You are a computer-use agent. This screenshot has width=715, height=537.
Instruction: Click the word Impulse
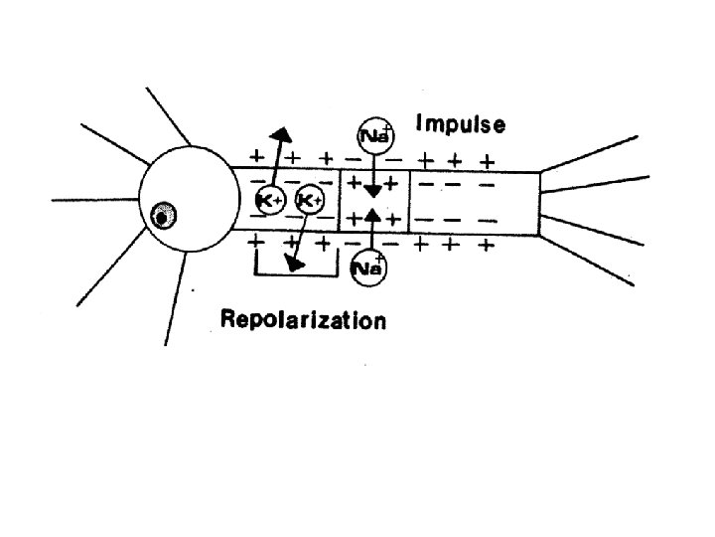pyautogui.click(x=461, y=125)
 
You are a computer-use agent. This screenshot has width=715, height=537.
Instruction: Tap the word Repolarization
pyautogui.click(x=303, y=320)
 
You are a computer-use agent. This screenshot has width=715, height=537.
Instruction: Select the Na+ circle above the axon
pyautogui.click(x=374, y=135)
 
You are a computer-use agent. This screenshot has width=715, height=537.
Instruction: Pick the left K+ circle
pyautogui.click(x=269, y=200)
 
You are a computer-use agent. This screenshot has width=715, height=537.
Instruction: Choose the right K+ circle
pyautogui.click(x=309, y=200)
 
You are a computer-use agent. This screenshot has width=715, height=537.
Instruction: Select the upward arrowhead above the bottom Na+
pyautogui.click(x=372, y=213)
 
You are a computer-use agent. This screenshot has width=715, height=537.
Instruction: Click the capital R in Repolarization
pyautogui.click(x=226, y=320)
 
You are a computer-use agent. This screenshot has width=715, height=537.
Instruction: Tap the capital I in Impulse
pyautogui.click(x=419, y=125)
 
